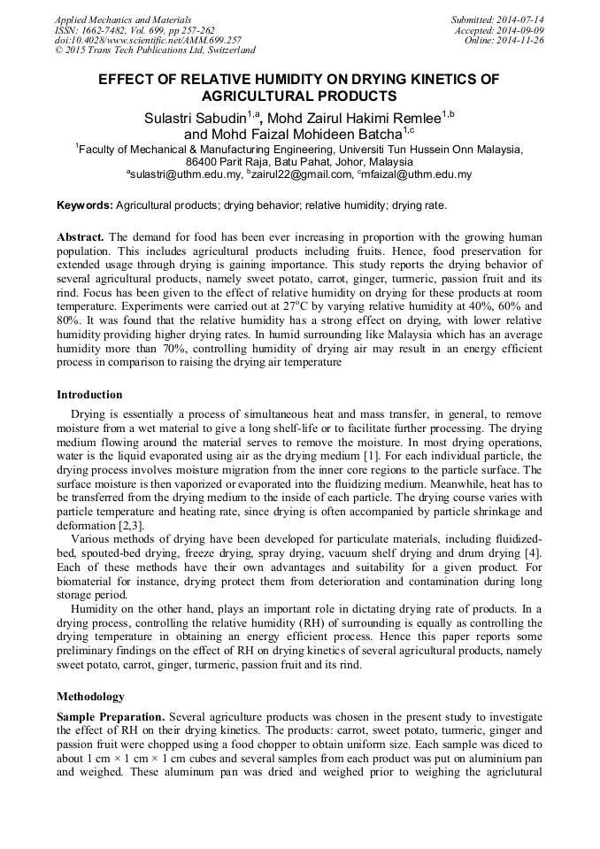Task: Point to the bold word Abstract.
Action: point(81,238)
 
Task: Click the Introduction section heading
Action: point(89,395)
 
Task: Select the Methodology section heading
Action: point(90,697)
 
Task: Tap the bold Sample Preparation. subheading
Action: point(111,716)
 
